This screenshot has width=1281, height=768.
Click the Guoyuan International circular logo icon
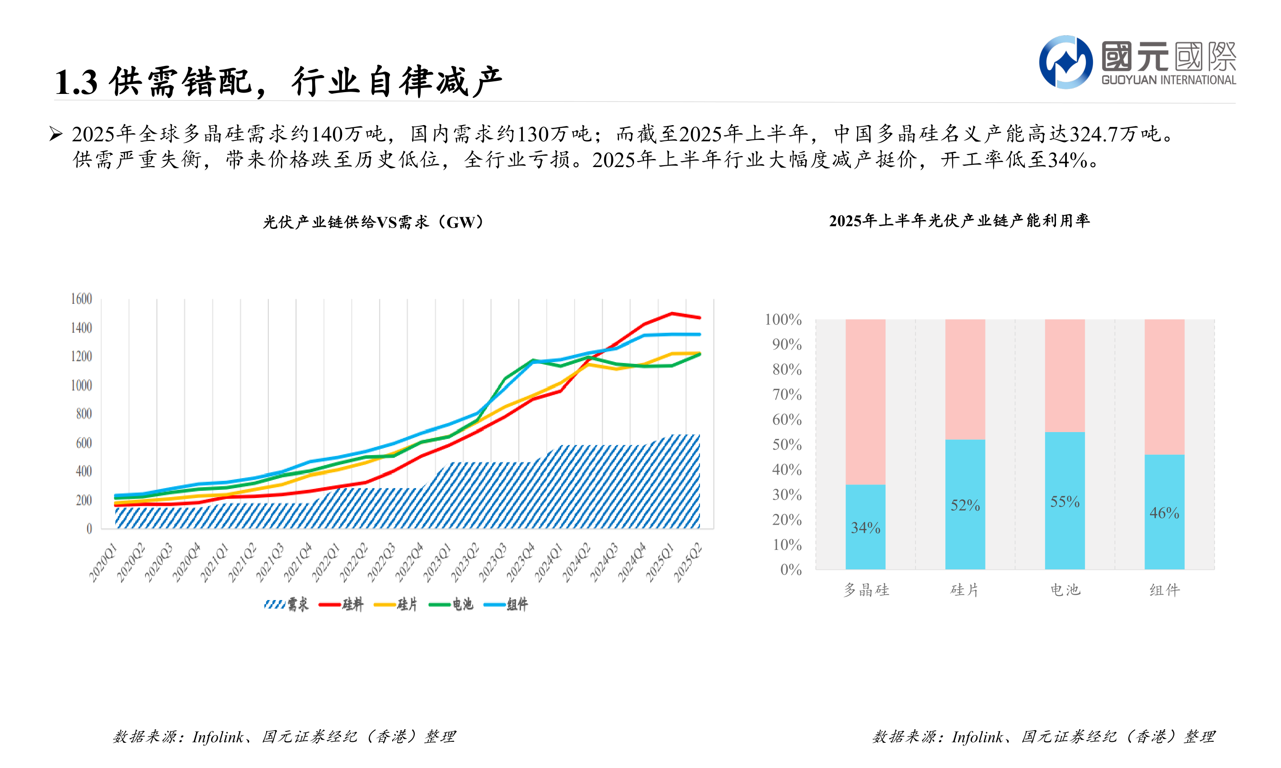[x=1065, y=62]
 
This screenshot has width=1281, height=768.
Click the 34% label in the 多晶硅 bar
[x=865, y=527]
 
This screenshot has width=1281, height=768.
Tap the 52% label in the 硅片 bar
[x=965, y=505]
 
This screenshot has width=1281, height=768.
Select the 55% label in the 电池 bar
[x=1065, y=501]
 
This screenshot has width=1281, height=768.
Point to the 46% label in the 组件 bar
[x=1164, y=512]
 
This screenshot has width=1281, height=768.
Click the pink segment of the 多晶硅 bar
[x=865, y=401]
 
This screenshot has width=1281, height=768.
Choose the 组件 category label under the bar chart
[x=1164, y=590]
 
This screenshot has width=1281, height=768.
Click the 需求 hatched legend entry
[x=286, y=604]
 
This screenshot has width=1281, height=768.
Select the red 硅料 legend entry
[x=341, y=604]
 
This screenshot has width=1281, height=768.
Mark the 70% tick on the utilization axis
[x=787, y=394]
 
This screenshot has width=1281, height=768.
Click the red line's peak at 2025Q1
[x=671, y=313]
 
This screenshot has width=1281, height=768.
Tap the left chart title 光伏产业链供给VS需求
[x=373, y=222]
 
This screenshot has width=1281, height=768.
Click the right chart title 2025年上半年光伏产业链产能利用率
[x=959, y=220]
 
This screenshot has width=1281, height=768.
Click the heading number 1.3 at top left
[x=75, y=82]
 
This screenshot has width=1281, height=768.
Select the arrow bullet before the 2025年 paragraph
[x=56, y=134]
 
